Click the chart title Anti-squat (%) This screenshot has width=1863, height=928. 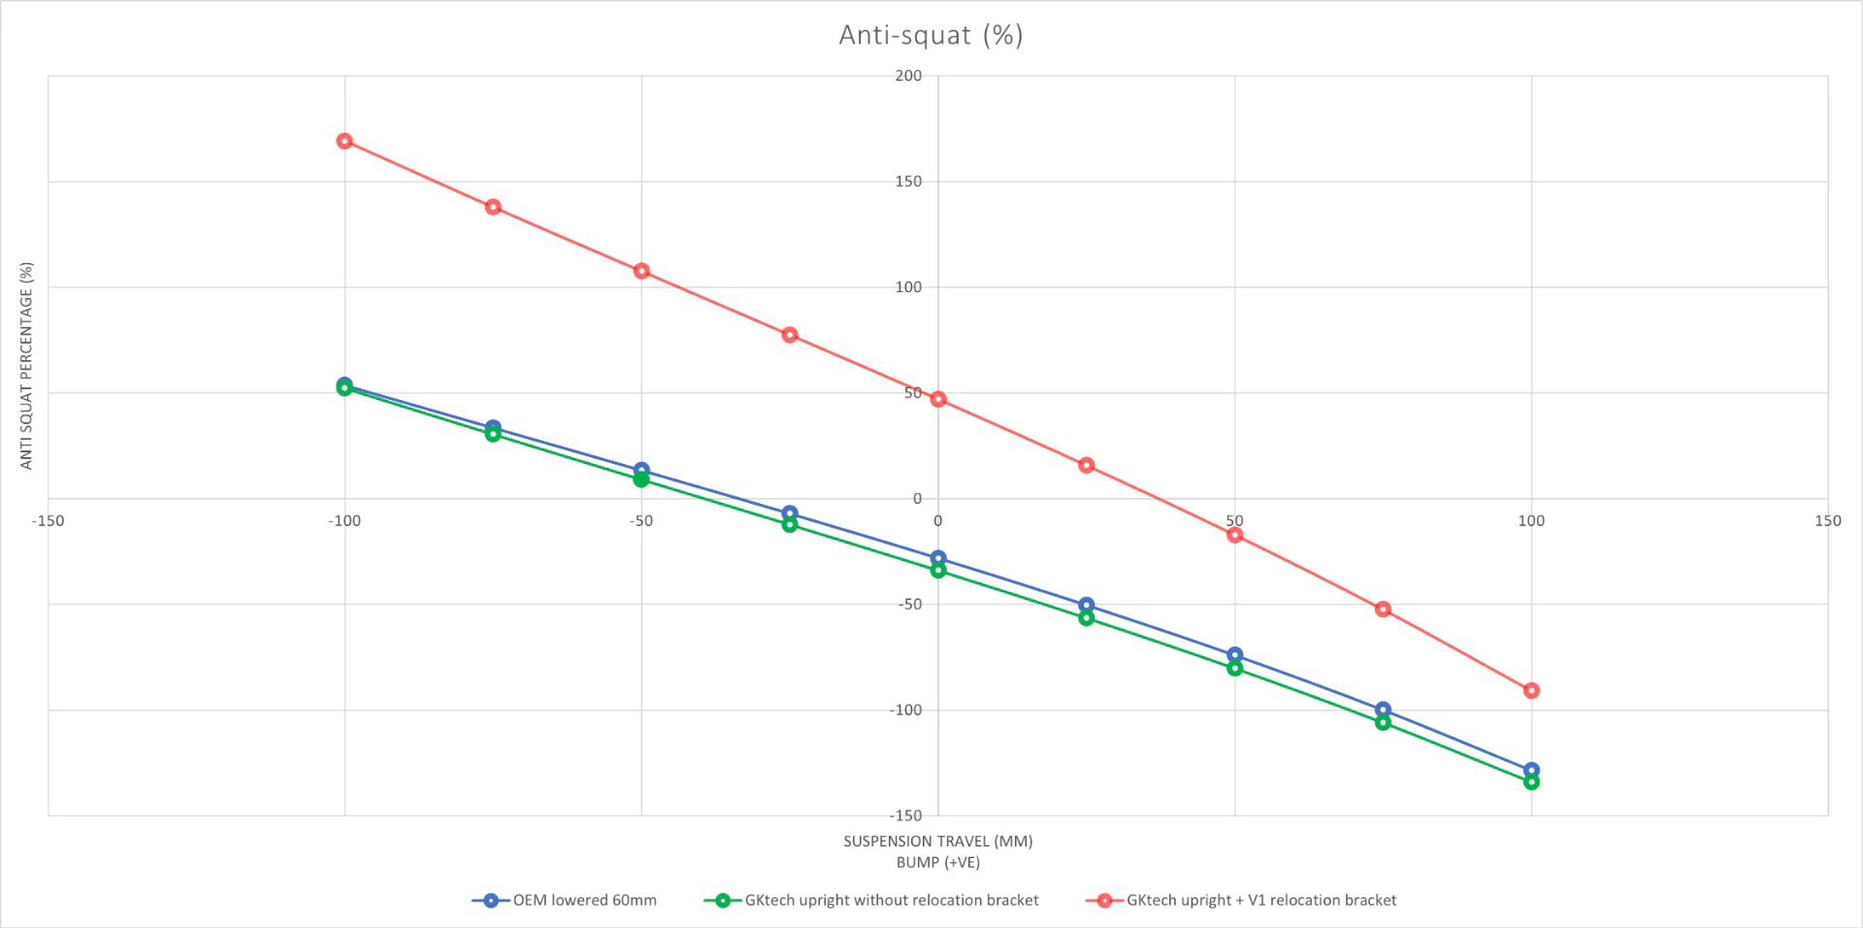point(931,36)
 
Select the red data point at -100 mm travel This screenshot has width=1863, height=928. point(344,142)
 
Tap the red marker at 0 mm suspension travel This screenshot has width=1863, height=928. point(938,399)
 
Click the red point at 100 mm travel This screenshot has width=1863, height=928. point(1531,691)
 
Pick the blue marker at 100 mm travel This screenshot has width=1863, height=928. point(1531,770)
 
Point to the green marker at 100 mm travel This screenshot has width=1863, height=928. point(1531,782)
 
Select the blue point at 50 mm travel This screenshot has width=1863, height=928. point(1234,655)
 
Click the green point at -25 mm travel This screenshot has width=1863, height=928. point(790,524)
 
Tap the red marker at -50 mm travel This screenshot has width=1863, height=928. point(641,271)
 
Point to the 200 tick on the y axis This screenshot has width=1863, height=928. point(908,76)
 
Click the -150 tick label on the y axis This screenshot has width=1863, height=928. point(906,815)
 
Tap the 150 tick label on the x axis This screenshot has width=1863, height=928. point(1827,521)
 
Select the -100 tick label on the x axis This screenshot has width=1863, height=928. point(344,521)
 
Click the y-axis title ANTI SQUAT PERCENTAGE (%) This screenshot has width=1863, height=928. point(26,366)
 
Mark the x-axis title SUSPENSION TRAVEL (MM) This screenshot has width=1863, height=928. point(937,842)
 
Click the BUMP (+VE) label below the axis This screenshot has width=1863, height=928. point(937,862)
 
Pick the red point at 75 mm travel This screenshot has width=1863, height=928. point(1383,610)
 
